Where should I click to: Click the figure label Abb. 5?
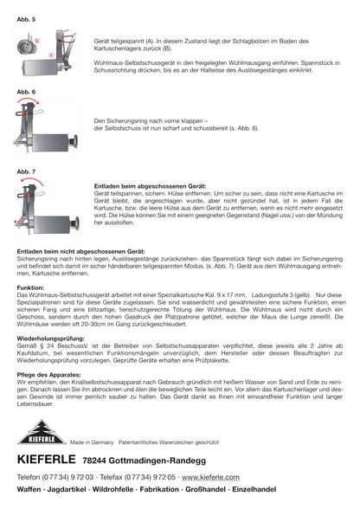(x=26, y=16)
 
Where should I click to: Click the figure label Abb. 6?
(x=26, y=90)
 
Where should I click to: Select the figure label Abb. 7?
(x=26, y=171)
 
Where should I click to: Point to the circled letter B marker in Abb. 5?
(x=38, y=41)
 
